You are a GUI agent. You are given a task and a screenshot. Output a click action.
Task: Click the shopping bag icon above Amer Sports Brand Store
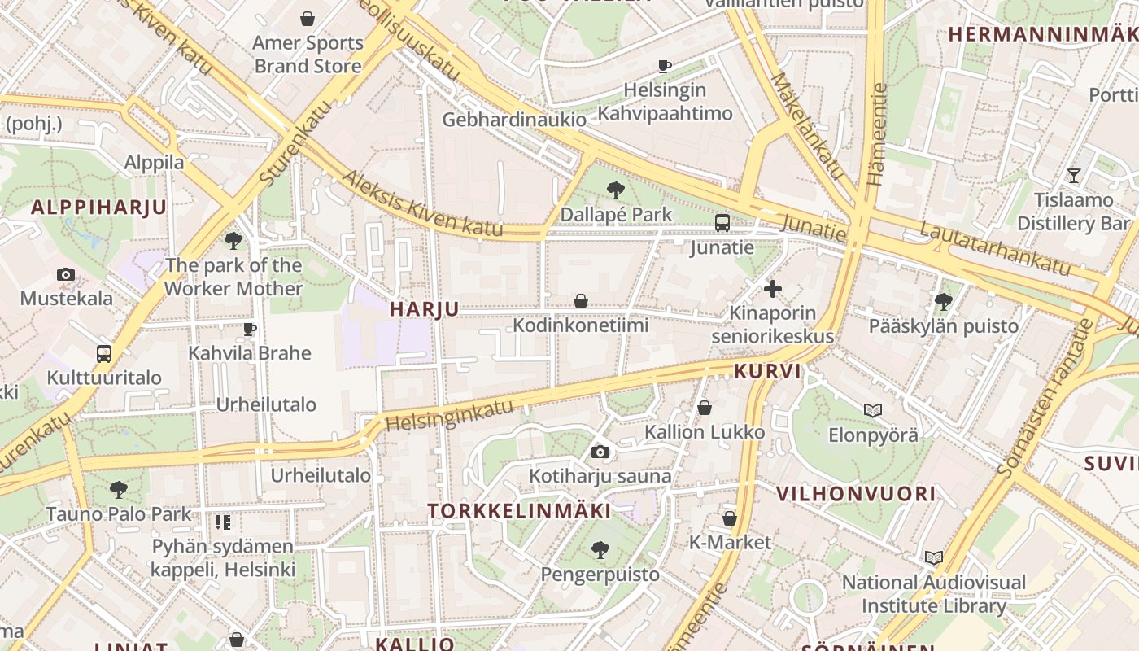point(308,18)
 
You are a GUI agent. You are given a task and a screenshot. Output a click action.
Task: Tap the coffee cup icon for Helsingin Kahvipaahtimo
point(665,66)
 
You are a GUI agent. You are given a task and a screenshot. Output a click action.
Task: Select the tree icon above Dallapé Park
point(616,191)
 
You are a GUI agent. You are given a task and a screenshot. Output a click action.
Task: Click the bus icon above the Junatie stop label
point(722,223)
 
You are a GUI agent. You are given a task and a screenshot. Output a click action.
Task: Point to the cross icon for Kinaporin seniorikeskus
point(773,288)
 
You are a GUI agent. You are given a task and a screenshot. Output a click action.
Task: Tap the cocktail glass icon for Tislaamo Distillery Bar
point(1074,175)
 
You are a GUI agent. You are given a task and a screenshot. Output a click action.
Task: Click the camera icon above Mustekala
point(66,275)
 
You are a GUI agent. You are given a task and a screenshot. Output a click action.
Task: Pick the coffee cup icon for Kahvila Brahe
point(250,330)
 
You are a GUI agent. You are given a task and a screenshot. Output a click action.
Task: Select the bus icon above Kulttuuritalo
point(103,354)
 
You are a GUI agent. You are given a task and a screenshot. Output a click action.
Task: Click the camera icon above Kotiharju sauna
point(600,452)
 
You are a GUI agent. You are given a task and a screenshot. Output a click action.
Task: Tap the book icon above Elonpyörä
point(873,411)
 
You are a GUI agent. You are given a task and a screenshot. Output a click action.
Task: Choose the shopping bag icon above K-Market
point(730,518)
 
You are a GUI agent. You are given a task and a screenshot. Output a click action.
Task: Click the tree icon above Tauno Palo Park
point(119,490)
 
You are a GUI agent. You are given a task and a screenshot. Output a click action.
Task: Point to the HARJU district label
point(424,309)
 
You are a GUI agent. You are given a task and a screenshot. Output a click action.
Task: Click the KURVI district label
point(767,372)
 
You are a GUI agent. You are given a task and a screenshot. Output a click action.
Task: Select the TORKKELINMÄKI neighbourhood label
point(519,511)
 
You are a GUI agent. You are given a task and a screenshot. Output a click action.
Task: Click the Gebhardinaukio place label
point(514,120)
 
